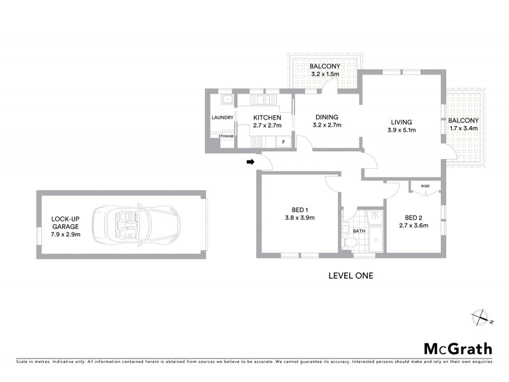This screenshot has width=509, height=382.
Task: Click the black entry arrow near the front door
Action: [x=249, y=163]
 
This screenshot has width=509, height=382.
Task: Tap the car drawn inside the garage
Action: [x=136, y=226]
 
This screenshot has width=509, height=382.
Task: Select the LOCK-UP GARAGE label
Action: [x=65, y=226]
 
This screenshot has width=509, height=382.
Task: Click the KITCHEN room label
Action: [x=267, y=118]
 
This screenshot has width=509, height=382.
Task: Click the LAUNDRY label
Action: [x=222, y=117]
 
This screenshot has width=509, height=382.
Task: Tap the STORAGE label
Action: [x=226, y=136]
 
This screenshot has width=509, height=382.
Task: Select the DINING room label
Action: [x=326, y=117]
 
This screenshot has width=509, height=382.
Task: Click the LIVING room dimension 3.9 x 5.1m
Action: [x=401, y=131]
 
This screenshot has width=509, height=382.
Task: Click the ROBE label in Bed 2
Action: [x=425, y=187]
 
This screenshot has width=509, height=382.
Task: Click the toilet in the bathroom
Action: [x=349, y=244]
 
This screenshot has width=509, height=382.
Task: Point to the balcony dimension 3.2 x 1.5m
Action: [x=324, y=74]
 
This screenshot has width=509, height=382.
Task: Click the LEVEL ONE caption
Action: [x=350, y=276]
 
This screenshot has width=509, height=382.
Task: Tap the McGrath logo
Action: [x=458, y=348]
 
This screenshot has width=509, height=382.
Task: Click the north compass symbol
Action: [x=480, y=316]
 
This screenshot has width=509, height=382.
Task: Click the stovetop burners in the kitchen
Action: [x=256, y=143]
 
